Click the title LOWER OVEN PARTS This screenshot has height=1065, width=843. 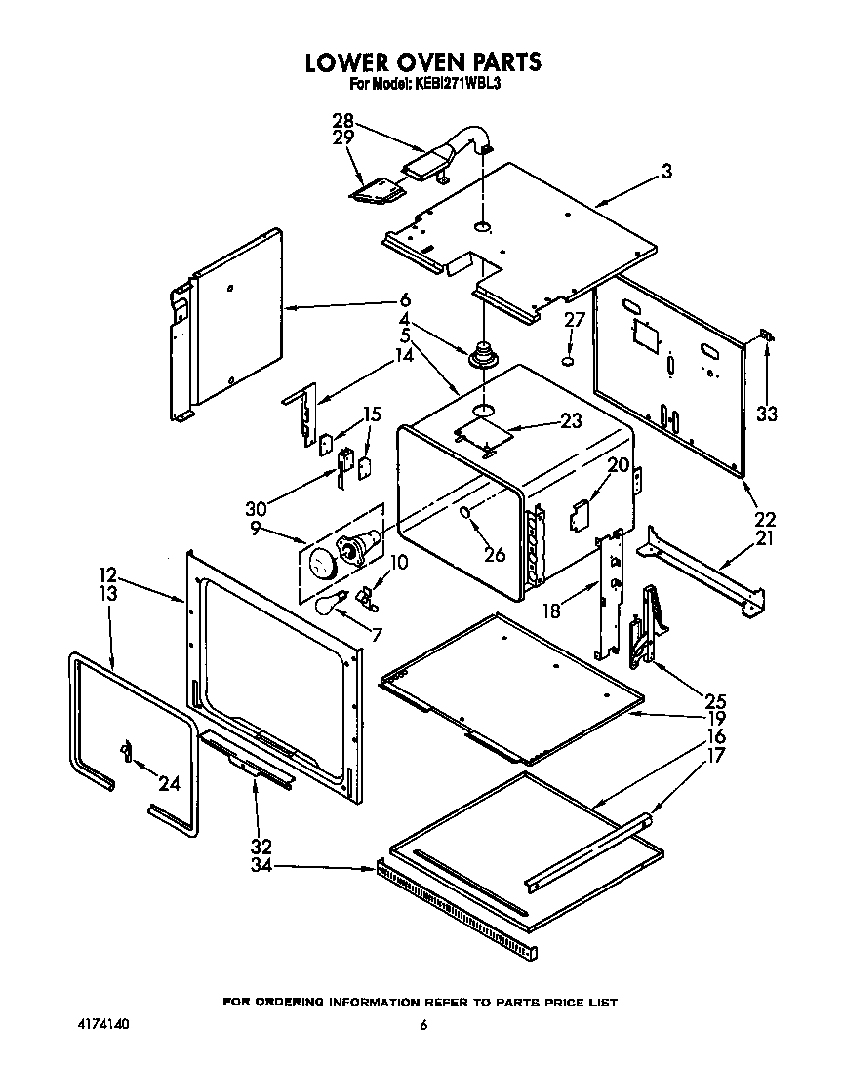pos(422,63)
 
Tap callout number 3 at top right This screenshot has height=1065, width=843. pos(666,173)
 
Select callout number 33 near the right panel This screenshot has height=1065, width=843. pos(767,414)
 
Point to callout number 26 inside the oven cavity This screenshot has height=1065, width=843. pos(495,555)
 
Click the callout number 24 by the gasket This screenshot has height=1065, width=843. pos(169,782)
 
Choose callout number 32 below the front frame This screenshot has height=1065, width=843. pos(261,847)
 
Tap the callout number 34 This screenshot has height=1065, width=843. pos(261,865)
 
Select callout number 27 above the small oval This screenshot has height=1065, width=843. pos(575,321)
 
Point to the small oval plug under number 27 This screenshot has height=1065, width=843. pos(568,362)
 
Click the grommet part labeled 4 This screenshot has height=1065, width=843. pos(482,354)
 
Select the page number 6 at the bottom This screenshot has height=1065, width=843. pos(422,1025)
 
